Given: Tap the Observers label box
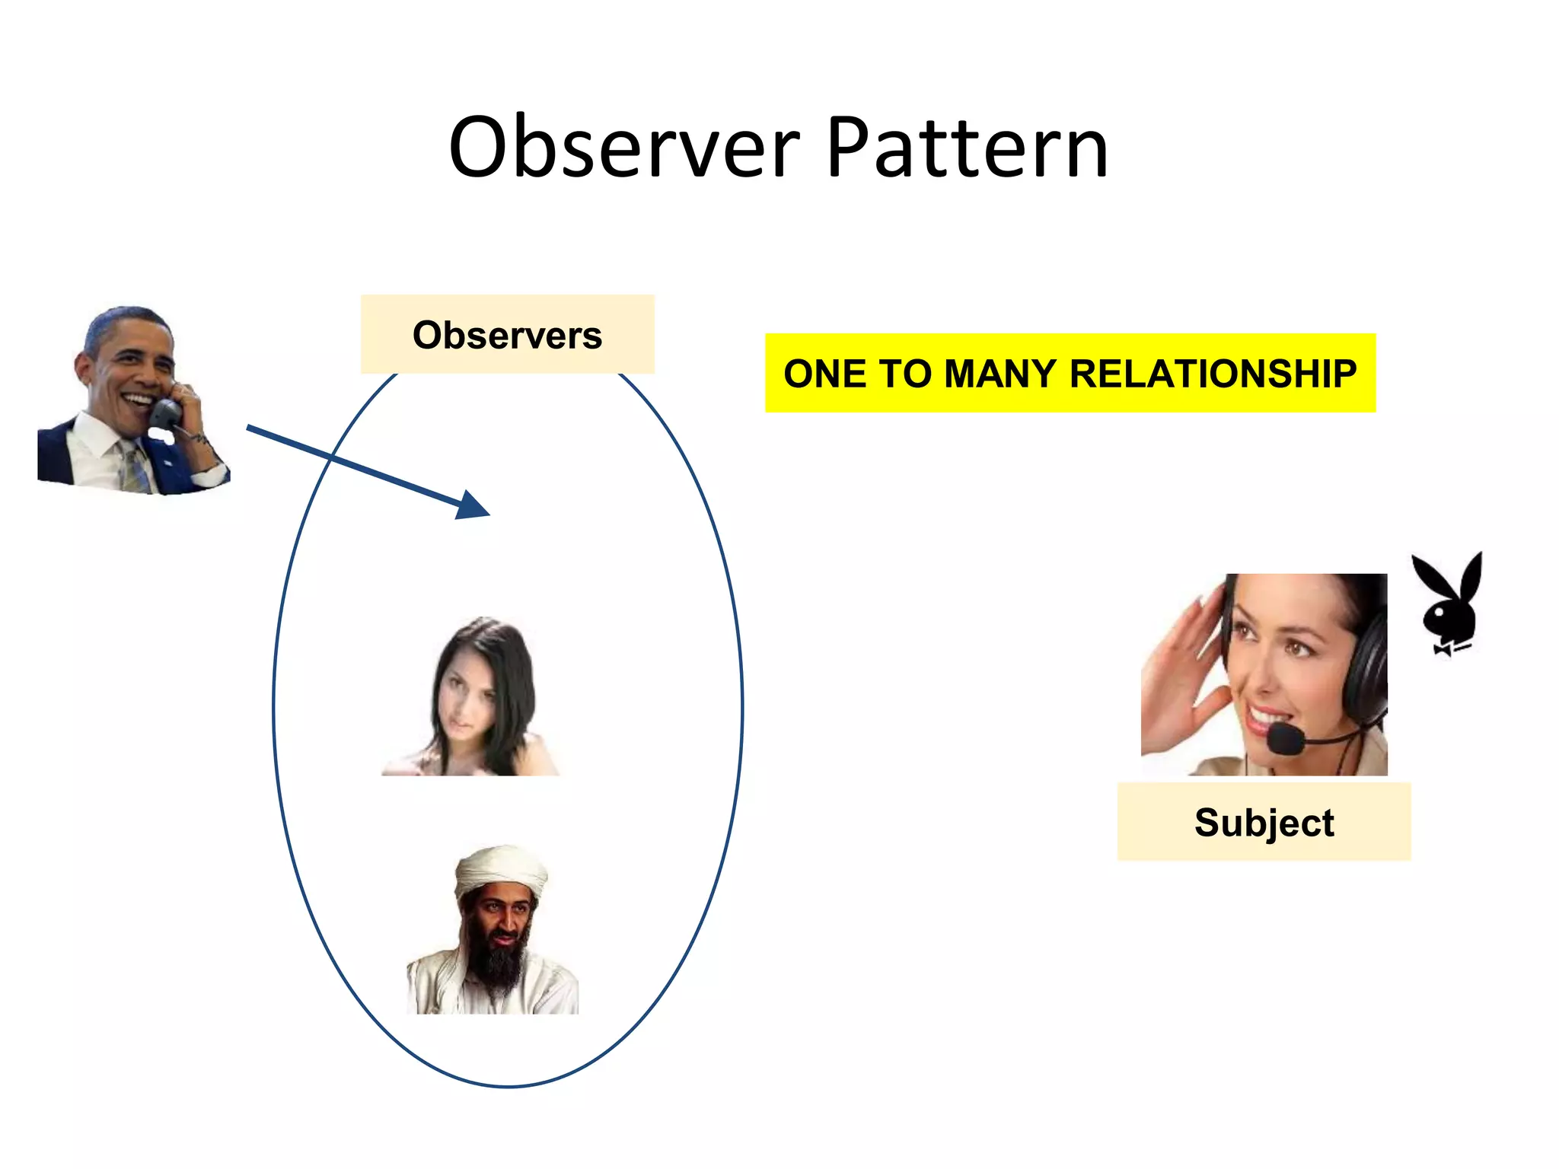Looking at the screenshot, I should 507,335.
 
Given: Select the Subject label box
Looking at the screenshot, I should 1264,822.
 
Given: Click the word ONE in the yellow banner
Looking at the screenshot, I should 825,374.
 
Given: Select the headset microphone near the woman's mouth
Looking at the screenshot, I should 1286,738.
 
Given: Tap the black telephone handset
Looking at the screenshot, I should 165,415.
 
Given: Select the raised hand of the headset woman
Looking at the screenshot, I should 1180,662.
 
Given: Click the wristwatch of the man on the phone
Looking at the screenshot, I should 199,440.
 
